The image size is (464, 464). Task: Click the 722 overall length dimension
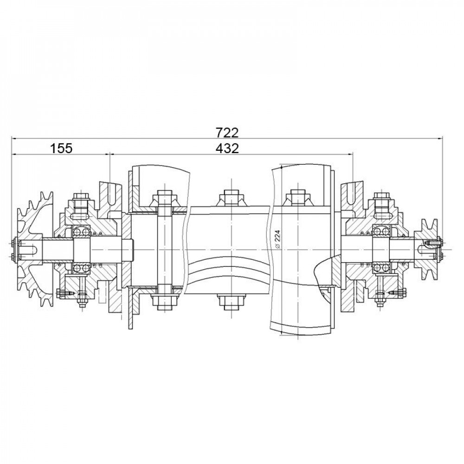(227, 133)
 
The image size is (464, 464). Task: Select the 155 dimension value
(61, 148)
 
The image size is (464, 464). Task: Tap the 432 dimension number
(227, 148)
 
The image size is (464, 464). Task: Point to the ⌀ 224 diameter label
(277, 240)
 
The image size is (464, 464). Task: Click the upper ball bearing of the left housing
(82, 231)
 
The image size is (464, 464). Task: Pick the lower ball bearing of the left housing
(82, 268)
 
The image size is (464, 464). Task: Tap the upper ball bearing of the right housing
(381, 231)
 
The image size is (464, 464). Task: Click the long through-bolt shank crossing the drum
(165, 250)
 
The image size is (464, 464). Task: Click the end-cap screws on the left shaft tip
(13, 250)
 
